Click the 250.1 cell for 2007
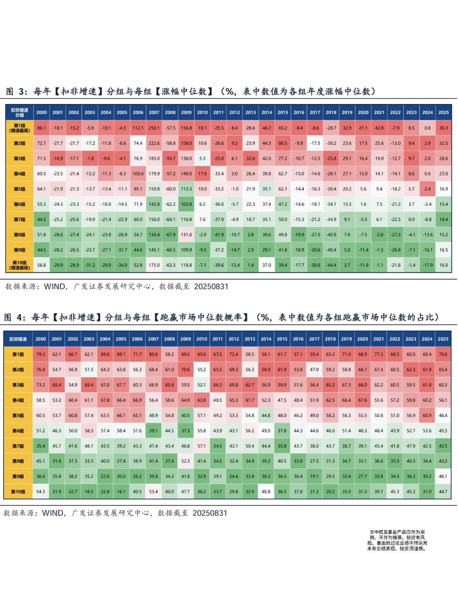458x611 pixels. click(154, 128)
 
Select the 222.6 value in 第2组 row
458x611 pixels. click(154, 143)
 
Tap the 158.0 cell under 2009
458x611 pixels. click(186, 143)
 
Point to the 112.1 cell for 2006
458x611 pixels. click(138, 128)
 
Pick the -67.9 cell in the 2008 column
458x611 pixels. click(170, 235)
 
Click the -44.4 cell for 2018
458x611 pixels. click(331, 265)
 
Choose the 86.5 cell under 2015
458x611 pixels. click(282, 143)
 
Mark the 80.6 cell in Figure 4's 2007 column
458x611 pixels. click(153, 354)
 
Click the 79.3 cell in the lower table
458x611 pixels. click(41, 354)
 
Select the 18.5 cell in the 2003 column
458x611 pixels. click(89, 491)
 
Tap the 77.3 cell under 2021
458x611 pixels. click(378, 354)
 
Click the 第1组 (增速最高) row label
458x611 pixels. click(20, 128)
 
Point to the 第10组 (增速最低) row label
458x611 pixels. click(20, 265)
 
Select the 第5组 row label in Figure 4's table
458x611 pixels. click(18, 415)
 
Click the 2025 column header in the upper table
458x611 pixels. click(444, 112)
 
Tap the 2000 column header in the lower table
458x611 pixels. click(41, 339)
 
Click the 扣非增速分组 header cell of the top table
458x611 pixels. click(20, 112)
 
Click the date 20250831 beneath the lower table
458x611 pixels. click(210, 513)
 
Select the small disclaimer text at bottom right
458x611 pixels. click(397, 540)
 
